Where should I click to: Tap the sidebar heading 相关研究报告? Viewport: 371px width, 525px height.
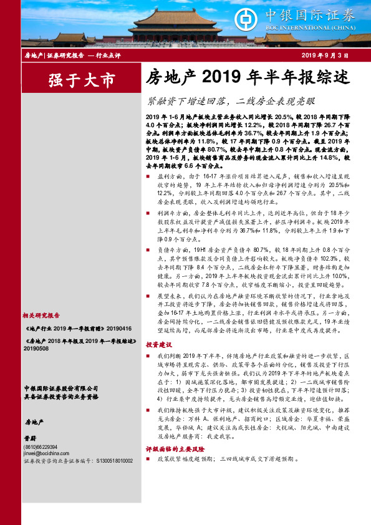tap(42, 316)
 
